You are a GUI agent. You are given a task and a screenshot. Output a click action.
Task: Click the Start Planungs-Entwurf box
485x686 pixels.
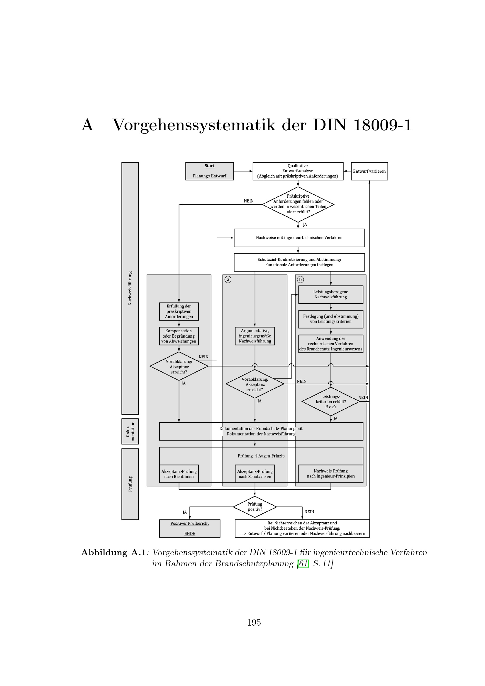(x=209, y=171)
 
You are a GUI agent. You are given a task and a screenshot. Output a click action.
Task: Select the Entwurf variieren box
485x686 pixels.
(x=369, y=171)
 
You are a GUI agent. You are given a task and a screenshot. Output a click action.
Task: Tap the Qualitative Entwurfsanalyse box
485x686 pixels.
(x=298, y=171)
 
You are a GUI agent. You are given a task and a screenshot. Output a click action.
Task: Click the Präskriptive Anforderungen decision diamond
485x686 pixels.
(x=298, y=204)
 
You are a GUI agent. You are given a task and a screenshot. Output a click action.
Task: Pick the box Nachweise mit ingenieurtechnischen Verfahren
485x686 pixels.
(x=299, y=238)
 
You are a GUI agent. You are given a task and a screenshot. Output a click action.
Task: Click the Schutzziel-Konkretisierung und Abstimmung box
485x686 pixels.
(x=299, y=262)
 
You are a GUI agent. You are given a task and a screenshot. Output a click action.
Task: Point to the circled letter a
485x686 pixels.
(x=228, y=280)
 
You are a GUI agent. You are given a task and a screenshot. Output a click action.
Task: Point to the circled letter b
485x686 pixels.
(x=301, y=280)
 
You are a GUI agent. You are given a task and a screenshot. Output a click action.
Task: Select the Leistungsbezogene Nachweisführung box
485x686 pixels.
(x=330, y=294)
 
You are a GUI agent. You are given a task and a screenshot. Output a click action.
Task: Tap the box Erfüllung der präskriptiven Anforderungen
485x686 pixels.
(x=179, y=311)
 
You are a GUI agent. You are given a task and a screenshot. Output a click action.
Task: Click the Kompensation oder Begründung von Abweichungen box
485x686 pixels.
(x=179, y=336)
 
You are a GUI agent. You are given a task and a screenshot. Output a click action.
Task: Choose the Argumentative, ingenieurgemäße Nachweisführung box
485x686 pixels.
(x=255, y=336)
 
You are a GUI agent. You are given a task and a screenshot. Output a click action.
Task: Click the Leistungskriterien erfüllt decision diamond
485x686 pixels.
(x=330, y=402)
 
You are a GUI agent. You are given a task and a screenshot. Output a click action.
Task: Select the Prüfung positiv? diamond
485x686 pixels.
(x=255, y=507)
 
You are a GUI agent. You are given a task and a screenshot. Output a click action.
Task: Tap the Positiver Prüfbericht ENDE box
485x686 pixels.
(x=190, y=529)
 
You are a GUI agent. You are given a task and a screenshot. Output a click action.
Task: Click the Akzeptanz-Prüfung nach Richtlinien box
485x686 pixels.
(x=179, y=474)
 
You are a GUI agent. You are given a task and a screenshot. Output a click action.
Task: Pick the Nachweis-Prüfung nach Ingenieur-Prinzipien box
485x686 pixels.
(x=330, y=474)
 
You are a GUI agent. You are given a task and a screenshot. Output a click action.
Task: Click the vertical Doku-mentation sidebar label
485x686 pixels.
(x=130, y=431)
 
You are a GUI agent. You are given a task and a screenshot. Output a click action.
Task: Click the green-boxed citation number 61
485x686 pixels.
(x=303, y=564)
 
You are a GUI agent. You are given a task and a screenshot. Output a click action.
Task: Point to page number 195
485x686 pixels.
(x=254, y=623)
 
